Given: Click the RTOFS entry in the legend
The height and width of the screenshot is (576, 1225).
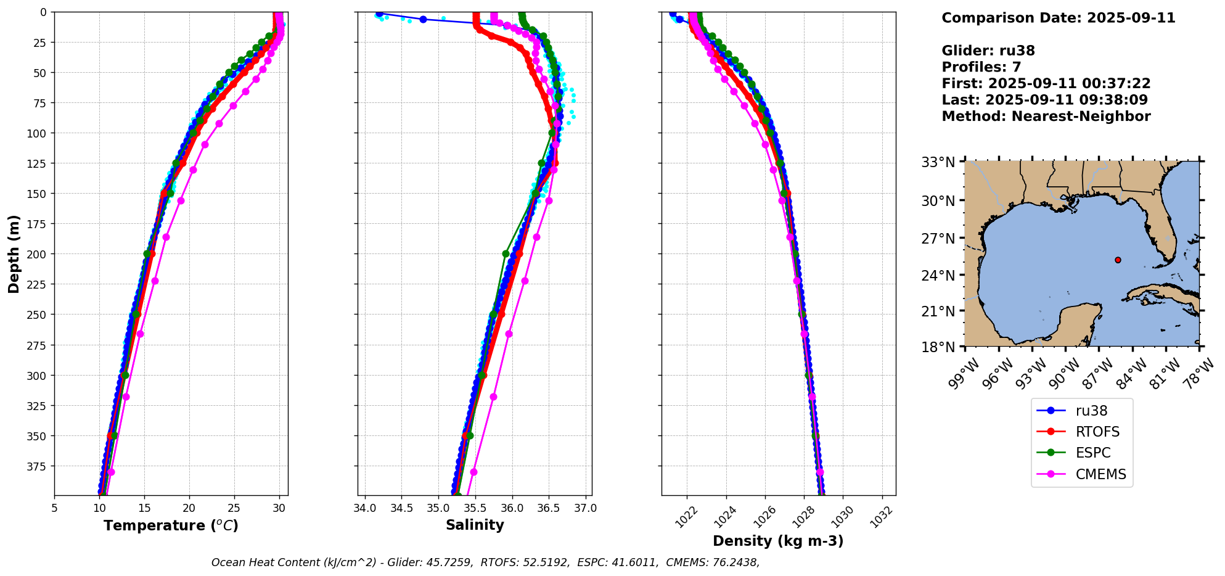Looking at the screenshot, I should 1097,432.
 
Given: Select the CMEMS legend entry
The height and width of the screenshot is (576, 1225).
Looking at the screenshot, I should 1100,474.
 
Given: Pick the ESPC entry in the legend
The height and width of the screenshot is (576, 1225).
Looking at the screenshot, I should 1093,453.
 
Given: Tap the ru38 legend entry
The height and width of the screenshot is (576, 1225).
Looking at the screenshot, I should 1091,411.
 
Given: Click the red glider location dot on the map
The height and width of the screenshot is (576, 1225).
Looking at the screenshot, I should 1118,260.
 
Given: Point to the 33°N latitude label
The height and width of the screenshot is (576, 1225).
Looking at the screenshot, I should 938,162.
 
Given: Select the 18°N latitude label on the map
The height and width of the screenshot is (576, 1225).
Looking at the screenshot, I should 938,347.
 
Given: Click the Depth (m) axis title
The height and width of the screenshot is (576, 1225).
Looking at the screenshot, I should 14,253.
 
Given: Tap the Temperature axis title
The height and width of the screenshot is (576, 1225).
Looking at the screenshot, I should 171,525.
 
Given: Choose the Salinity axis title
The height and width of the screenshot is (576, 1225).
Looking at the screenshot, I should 475,525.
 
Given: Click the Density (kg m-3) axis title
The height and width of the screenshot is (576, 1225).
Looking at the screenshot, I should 778,541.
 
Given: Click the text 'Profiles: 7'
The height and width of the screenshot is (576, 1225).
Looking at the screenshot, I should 981,67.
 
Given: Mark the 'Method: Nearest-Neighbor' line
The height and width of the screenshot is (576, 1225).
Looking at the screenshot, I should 1046,117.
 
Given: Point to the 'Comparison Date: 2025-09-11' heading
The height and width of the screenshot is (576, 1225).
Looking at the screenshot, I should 1058,18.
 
